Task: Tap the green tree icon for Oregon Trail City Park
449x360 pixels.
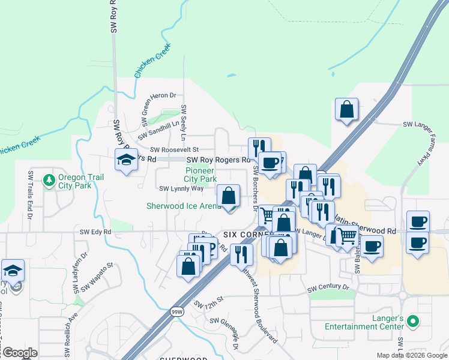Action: coord(49,179)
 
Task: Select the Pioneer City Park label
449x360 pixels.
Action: coord(200,175)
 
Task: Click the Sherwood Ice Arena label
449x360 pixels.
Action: coord(184,206)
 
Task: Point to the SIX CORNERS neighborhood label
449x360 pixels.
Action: coord(246,234)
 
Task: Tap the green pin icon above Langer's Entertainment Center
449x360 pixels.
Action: coord(412,323)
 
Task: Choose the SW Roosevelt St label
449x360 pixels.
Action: coord(173,149)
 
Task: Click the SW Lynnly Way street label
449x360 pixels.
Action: coord(181,188)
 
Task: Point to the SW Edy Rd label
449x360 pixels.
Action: coord(95,231)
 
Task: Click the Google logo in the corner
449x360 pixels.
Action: coord(20,353)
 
